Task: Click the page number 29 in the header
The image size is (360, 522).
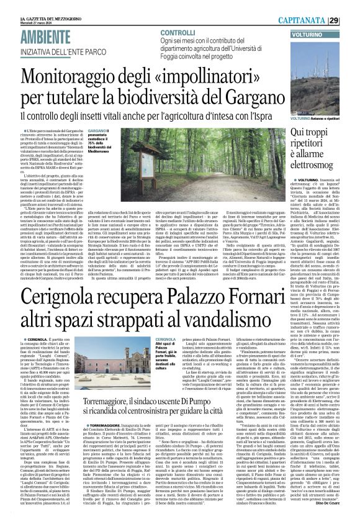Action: (x=351, y=6)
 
